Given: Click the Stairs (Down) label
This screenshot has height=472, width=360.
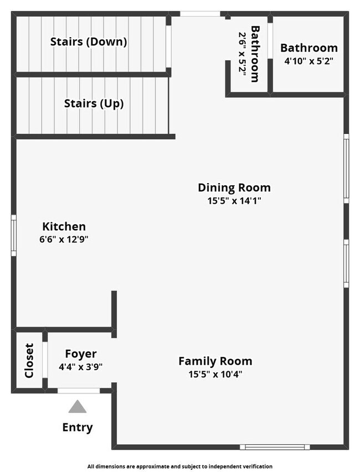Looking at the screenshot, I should click(89, 42).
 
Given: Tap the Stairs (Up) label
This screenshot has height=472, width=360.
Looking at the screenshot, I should click(94, 103).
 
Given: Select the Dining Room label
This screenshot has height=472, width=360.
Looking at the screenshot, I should click(234, 187).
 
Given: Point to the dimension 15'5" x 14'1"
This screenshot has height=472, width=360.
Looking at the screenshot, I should click(234, 201).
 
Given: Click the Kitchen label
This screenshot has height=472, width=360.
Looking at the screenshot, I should click(64, 226).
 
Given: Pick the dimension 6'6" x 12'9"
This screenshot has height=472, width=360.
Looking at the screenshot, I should click(64, 240).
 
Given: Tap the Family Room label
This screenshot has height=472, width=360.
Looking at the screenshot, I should click(215, 361).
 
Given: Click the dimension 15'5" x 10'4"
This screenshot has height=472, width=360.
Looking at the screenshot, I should click(215, 374).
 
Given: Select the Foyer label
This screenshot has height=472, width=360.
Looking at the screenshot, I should click(81, 354).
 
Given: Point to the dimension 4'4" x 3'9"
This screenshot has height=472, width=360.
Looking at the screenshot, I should click(81, 366).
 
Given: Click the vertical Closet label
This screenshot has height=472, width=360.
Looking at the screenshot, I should click(29, 361).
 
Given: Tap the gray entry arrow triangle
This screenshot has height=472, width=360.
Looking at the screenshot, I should click(78, 407).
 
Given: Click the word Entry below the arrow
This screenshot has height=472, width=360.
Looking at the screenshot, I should click(78, 427).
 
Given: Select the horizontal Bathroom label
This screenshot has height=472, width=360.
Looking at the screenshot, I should click(308, 48).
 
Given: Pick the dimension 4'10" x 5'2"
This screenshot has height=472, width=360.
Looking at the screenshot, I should click(308, 61).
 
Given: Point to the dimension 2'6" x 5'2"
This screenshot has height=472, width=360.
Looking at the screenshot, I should click(243, 54).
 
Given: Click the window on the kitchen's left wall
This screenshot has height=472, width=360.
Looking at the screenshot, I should click(14, 235).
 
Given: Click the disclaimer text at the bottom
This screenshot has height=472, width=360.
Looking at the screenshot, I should click(179, 466).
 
